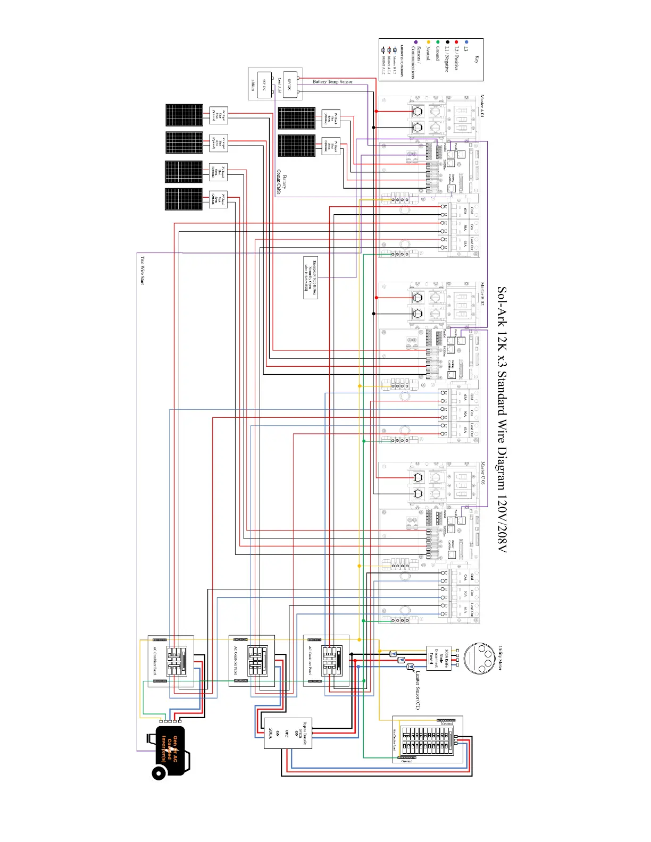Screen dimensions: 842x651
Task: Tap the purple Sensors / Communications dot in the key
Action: pos(416,42)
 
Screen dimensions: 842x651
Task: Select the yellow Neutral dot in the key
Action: pos(428,42)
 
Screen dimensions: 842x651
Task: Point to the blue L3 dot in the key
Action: pos(466,42)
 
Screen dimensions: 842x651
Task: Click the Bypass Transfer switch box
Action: pos(288,734)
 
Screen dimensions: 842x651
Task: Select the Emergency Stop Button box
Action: pos(311,277)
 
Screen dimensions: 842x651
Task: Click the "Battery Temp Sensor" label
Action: pos(332,82)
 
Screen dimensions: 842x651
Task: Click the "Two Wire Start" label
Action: pos(142,270)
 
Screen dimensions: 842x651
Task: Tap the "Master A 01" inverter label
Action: pos(482,106)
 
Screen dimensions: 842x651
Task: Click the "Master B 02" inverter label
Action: pos(482,293)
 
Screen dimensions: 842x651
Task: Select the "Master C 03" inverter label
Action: pos(482,473)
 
